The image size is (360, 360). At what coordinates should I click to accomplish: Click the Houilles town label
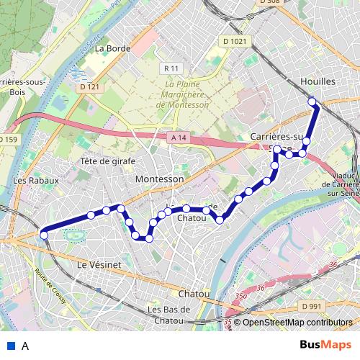coord(319,82)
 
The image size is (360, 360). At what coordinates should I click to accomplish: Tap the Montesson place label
coord(165,179)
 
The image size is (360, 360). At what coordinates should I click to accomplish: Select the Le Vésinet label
coord(99,265)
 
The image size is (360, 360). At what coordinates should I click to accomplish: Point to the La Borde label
coord(112,49)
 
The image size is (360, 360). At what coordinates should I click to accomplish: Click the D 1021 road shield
coord(235,42)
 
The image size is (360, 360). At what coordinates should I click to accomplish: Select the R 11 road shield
coord(171,68)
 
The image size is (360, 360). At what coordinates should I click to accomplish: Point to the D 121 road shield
coord(89,87)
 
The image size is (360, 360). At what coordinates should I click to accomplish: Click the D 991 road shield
coord(312,306)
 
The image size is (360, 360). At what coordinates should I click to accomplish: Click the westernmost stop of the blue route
coord(44,235)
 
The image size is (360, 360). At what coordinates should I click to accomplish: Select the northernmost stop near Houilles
coord(312,102)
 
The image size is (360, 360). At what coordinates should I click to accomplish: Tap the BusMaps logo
coord(326,345)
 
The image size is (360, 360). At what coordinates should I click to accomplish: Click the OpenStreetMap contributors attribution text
coord(297,323)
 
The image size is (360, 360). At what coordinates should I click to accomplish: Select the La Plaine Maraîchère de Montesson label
coord(182,94)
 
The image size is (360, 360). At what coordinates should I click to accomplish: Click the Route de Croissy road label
coord(48,286)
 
